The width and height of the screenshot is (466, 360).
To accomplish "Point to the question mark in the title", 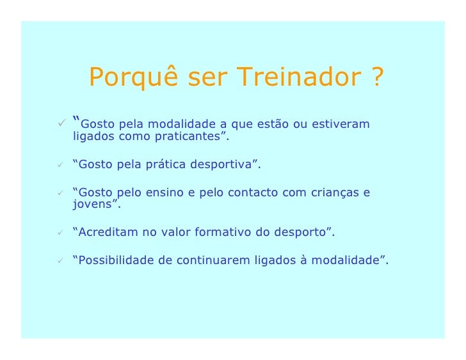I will click(x=376, y=78).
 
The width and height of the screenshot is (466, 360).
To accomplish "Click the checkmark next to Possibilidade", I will click(x=60, y=260).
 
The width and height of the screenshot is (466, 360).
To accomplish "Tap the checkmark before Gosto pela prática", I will click(x=60, y=165).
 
